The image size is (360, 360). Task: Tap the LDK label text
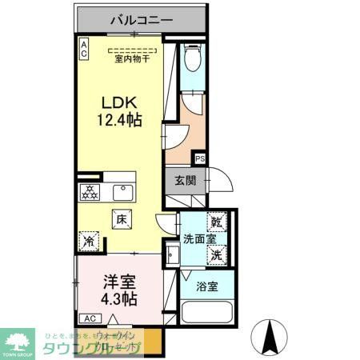click(x=120, y=102)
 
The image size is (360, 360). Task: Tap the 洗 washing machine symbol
click(x=217, y=255)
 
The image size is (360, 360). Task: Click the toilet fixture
click(x=191, y=59)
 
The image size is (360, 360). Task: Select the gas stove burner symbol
click(x=90, y=193)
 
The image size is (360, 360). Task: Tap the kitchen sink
click(x=123, y=193)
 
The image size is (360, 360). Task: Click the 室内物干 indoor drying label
click(x=133, y=58)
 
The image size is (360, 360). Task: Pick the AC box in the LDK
click(x=83, y=49)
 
